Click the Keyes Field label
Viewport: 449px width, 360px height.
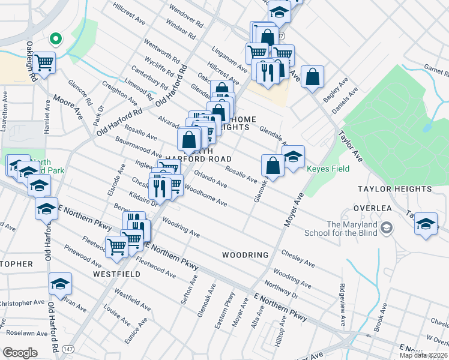(x=328, y=169)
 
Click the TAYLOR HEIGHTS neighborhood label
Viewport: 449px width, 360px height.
(x=387, y=188)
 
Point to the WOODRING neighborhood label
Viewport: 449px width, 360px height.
(x=245, y=255)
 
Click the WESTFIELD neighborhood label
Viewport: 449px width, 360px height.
(x=116, y=274)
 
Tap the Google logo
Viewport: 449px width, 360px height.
(x=20, y=353)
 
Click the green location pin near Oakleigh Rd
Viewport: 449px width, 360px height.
(x=56, y=40)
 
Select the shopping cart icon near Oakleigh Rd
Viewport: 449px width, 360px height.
(x=44, y=61)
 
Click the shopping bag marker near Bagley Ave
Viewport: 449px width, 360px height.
(x=312, y=77)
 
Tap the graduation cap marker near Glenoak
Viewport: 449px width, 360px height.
(x=293, y=158)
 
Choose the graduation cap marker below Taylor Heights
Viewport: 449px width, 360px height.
(x=426, y=224)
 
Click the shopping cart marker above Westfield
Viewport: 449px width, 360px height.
(x=116, y=245)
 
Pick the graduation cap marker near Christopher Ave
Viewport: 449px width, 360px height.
(x=60, y=284)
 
